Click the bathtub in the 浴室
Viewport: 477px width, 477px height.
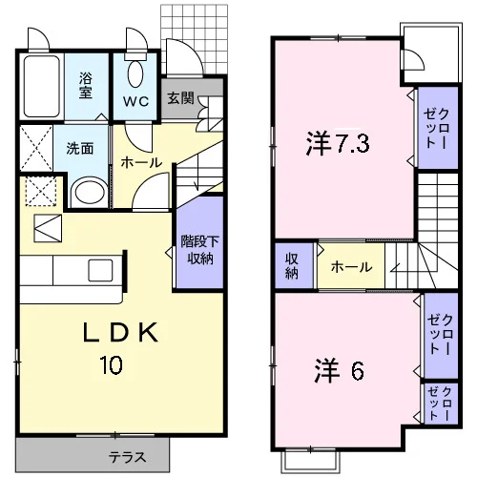(x=42, y=87)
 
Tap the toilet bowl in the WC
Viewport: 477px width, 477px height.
(x=135, y=73)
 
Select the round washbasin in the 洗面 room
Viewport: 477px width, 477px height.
(x=89, y=194)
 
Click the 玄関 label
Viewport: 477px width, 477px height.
(x=180, y=98)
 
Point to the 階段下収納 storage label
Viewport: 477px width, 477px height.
(x=199, y=250)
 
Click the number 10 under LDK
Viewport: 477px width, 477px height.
(x=111, y=364)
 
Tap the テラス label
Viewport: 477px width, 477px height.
(x=128, y=457)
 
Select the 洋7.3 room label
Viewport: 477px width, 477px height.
(x=338, y=144)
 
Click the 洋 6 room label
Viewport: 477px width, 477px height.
(x=339, y=371)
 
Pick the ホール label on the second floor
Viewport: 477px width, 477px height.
(x=351, y=267)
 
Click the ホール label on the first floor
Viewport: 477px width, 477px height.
(x=141, y=163)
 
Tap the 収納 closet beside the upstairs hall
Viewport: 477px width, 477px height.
(x=295, y=266)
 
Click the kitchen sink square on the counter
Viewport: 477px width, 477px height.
(x=100, y=270)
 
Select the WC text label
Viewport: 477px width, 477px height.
(x=135, y=101)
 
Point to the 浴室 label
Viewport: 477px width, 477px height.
(x=86, y=85)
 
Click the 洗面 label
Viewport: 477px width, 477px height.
(x=80, y=149)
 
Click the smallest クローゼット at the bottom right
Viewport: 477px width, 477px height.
(x=441, y=404)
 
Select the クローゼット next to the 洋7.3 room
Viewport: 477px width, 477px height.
(x=438, y=128)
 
